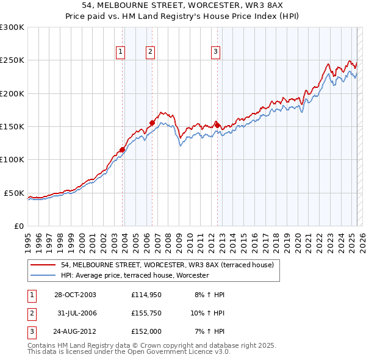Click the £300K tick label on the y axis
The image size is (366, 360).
point(12,27)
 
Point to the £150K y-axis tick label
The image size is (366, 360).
point(12,127)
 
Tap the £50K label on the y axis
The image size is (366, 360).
point(15,193)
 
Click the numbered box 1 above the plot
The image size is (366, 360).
point(121,52)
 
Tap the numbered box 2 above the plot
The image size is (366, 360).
point(150,52)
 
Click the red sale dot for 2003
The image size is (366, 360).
point(123,149)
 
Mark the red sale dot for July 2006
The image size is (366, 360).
point(152,123)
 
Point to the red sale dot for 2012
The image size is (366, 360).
point(217,125)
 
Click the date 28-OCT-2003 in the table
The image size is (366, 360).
point(75,295)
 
